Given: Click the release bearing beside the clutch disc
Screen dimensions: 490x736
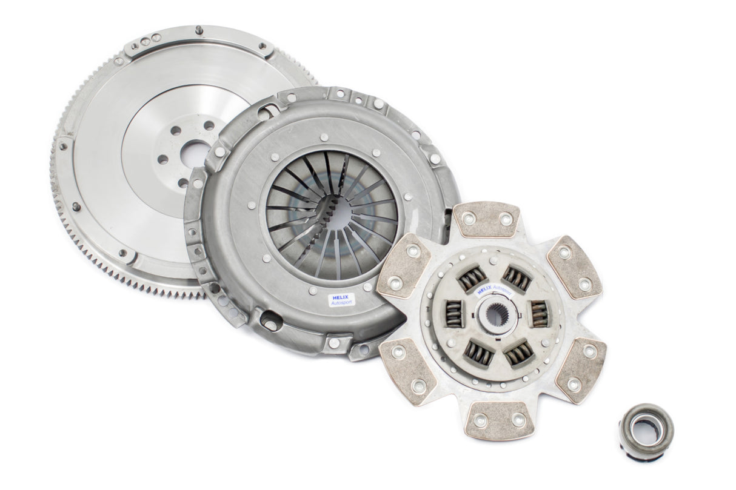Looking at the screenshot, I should (x=646, y=431).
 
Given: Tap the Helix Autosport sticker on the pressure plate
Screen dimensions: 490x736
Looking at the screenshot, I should (x=341, y=299).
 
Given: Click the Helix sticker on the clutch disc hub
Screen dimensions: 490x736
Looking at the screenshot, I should (x=493, y=289).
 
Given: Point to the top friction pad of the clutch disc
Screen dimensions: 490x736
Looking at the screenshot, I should (x=486, y=219).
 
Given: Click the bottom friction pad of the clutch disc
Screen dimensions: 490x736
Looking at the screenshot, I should (x=499, y=420).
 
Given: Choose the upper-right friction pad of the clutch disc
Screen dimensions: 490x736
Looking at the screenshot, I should (x=574, y=267).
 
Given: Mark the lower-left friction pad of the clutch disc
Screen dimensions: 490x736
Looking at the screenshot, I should (x=407, y=369).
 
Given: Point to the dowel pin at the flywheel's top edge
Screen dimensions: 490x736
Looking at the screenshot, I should (x=199, y=30).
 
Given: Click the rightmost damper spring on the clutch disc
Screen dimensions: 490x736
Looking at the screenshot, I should (x=539, y=313).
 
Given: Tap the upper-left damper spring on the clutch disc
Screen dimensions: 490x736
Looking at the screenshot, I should (x=472, y=278).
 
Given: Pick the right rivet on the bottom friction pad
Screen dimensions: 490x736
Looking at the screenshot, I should (x=519, y=420).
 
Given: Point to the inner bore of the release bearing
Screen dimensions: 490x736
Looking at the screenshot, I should (x=644, y=429).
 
